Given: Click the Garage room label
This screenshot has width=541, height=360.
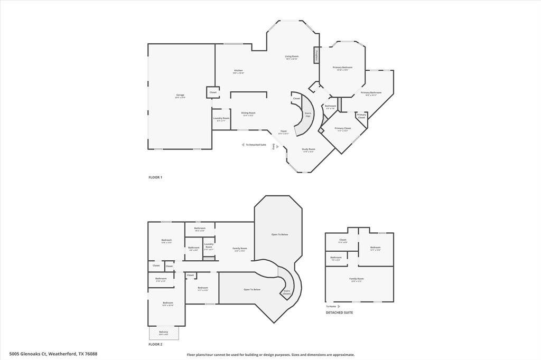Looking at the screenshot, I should [180, 96].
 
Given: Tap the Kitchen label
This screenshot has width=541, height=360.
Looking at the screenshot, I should [238, 71].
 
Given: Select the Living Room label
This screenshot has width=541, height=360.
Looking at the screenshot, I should [292, 56].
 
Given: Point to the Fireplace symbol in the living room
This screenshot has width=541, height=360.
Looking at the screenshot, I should [317, 55].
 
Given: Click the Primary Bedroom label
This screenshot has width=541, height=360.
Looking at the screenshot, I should [342, 68].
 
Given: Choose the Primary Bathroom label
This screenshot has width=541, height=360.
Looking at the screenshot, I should [371, 93].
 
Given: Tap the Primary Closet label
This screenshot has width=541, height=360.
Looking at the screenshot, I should [342, 128].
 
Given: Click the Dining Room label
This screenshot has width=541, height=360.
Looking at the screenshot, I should [248, 113].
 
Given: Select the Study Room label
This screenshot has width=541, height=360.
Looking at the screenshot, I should [308, 149].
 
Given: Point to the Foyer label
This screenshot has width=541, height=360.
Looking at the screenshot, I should [284, 131].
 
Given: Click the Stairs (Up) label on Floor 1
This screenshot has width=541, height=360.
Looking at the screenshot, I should [307, 113].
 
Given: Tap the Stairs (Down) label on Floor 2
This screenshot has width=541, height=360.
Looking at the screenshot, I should [287, 291].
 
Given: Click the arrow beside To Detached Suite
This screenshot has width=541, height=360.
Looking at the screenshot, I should [243, 145].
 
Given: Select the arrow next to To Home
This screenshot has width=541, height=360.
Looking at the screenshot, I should [339, 306].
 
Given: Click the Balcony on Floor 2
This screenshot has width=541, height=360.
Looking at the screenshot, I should [164, 333].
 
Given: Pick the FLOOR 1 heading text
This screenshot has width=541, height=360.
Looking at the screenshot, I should [155, 177].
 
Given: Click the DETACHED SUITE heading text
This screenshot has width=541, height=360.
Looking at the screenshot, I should [339, 312].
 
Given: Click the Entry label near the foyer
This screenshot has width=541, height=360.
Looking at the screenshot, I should [274, 146].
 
